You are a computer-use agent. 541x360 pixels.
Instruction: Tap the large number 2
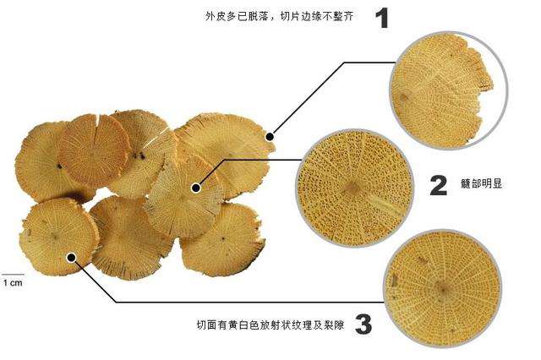438,185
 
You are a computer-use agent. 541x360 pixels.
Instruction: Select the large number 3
362,323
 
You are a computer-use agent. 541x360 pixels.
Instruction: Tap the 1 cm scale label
11,282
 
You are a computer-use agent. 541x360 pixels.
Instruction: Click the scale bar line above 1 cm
11,272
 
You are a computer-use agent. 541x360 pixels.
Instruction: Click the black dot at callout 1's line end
270,135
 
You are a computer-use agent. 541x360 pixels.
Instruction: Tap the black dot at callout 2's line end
197,188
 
